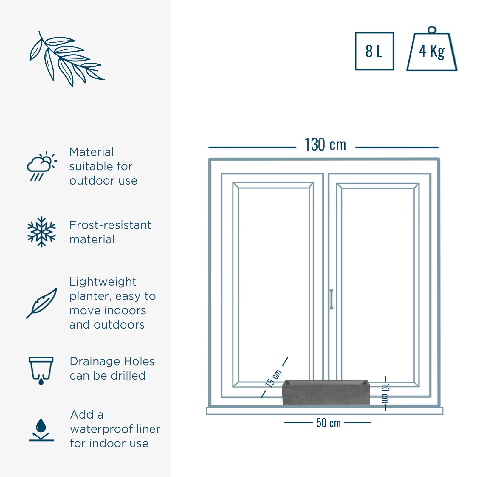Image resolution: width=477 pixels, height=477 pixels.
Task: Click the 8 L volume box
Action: tap(374, 51)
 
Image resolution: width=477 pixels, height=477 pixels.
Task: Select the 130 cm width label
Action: tap(325, 145)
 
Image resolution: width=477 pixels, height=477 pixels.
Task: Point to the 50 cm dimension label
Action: tap(328, 423)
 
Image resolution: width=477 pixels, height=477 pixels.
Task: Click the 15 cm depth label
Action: tap(273, 378)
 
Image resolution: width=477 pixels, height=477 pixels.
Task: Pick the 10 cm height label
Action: tap(385, 394)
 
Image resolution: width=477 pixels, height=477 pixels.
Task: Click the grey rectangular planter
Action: tap(326, 392)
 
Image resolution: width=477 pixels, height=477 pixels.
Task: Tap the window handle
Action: tap(331, 299)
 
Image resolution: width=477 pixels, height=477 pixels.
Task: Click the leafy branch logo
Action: tap(66, 59)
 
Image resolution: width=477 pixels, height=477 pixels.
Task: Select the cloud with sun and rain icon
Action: tap(41, 166)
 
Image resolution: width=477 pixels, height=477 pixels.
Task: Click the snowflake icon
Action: tap(41, 232)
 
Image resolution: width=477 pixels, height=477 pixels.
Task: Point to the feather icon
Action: tap(41, 303)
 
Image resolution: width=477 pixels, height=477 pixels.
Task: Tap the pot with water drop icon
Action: tap(41, 371)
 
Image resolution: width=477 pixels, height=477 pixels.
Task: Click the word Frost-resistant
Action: tap(110, 225)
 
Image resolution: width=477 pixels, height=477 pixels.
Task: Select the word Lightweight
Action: tap(103, 282)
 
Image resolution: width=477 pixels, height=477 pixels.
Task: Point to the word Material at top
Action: tap(92, 152)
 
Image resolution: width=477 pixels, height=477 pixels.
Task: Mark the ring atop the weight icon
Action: tap(432, 30)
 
